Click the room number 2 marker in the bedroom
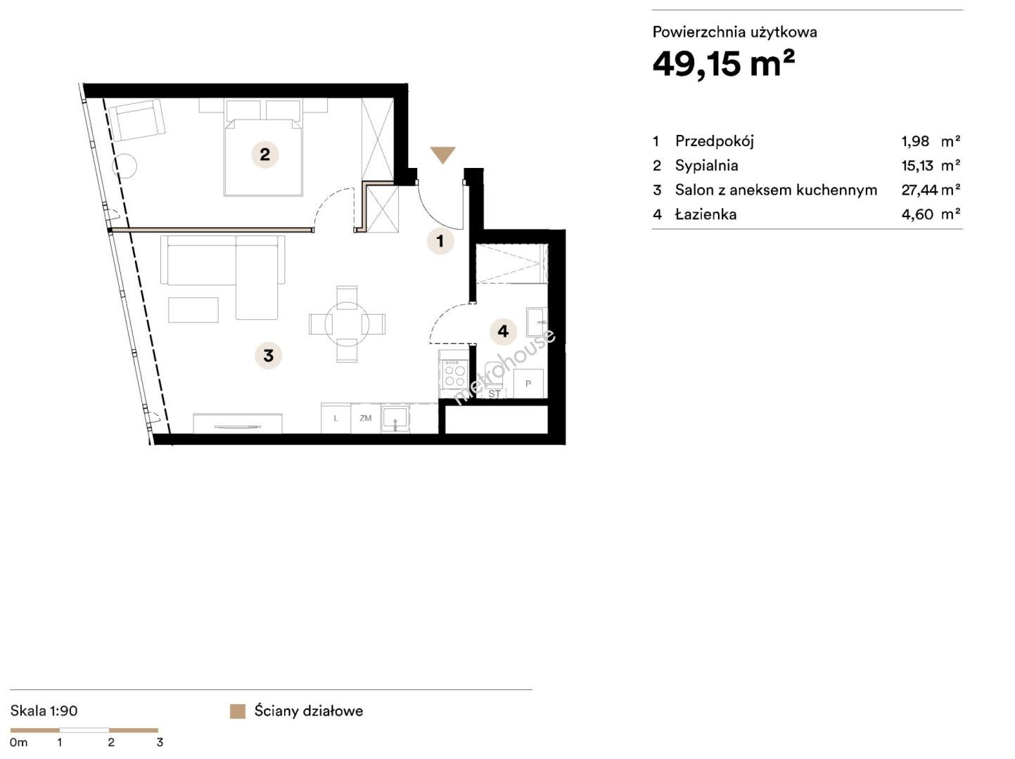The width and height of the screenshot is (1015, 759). (264, 155)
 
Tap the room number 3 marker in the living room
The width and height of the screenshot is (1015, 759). (268, 356)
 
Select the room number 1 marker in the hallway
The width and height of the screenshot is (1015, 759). (440, 240)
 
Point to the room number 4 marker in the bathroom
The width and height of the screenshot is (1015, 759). (503, 331)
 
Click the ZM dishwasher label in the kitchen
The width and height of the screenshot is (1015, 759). (365, 418)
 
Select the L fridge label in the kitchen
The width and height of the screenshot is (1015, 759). (336, 419)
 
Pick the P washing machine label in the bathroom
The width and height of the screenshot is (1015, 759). (528, 384)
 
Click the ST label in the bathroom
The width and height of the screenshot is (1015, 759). (494, 394)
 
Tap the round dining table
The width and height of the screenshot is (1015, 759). (347, 324)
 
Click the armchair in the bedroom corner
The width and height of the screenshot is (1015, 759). (140, 120)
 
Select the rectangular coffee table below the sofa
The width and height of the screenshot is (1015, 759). (193, 309)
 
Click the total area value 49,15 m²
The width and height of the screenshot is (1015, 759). (724, 63)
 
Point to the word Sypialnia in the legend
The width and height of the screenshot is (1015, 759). (706, 165)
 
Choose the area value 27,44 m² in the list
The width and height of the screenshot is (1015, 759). (931, 190)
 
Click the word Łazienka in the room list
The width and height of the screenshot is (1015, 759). (706, 214)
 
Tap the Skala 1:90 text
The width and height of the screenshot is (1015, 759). (44, 711)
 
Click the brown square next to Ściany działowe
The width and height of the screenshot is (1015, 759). (238, 711)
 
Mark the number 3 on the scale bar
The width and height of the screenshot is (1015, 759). (160, 742)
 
